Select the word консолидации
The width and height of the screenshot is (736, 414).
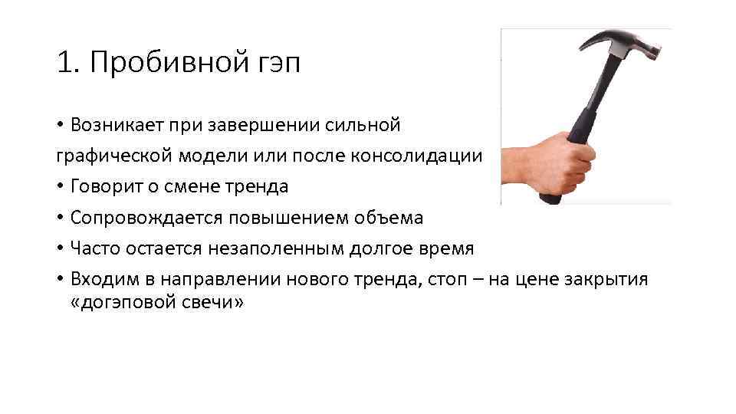coord(417,156)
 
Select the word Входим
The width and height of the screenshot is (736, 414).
coord(100,279)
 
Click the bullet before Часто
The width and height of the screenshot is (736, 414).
coord(60,248)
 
